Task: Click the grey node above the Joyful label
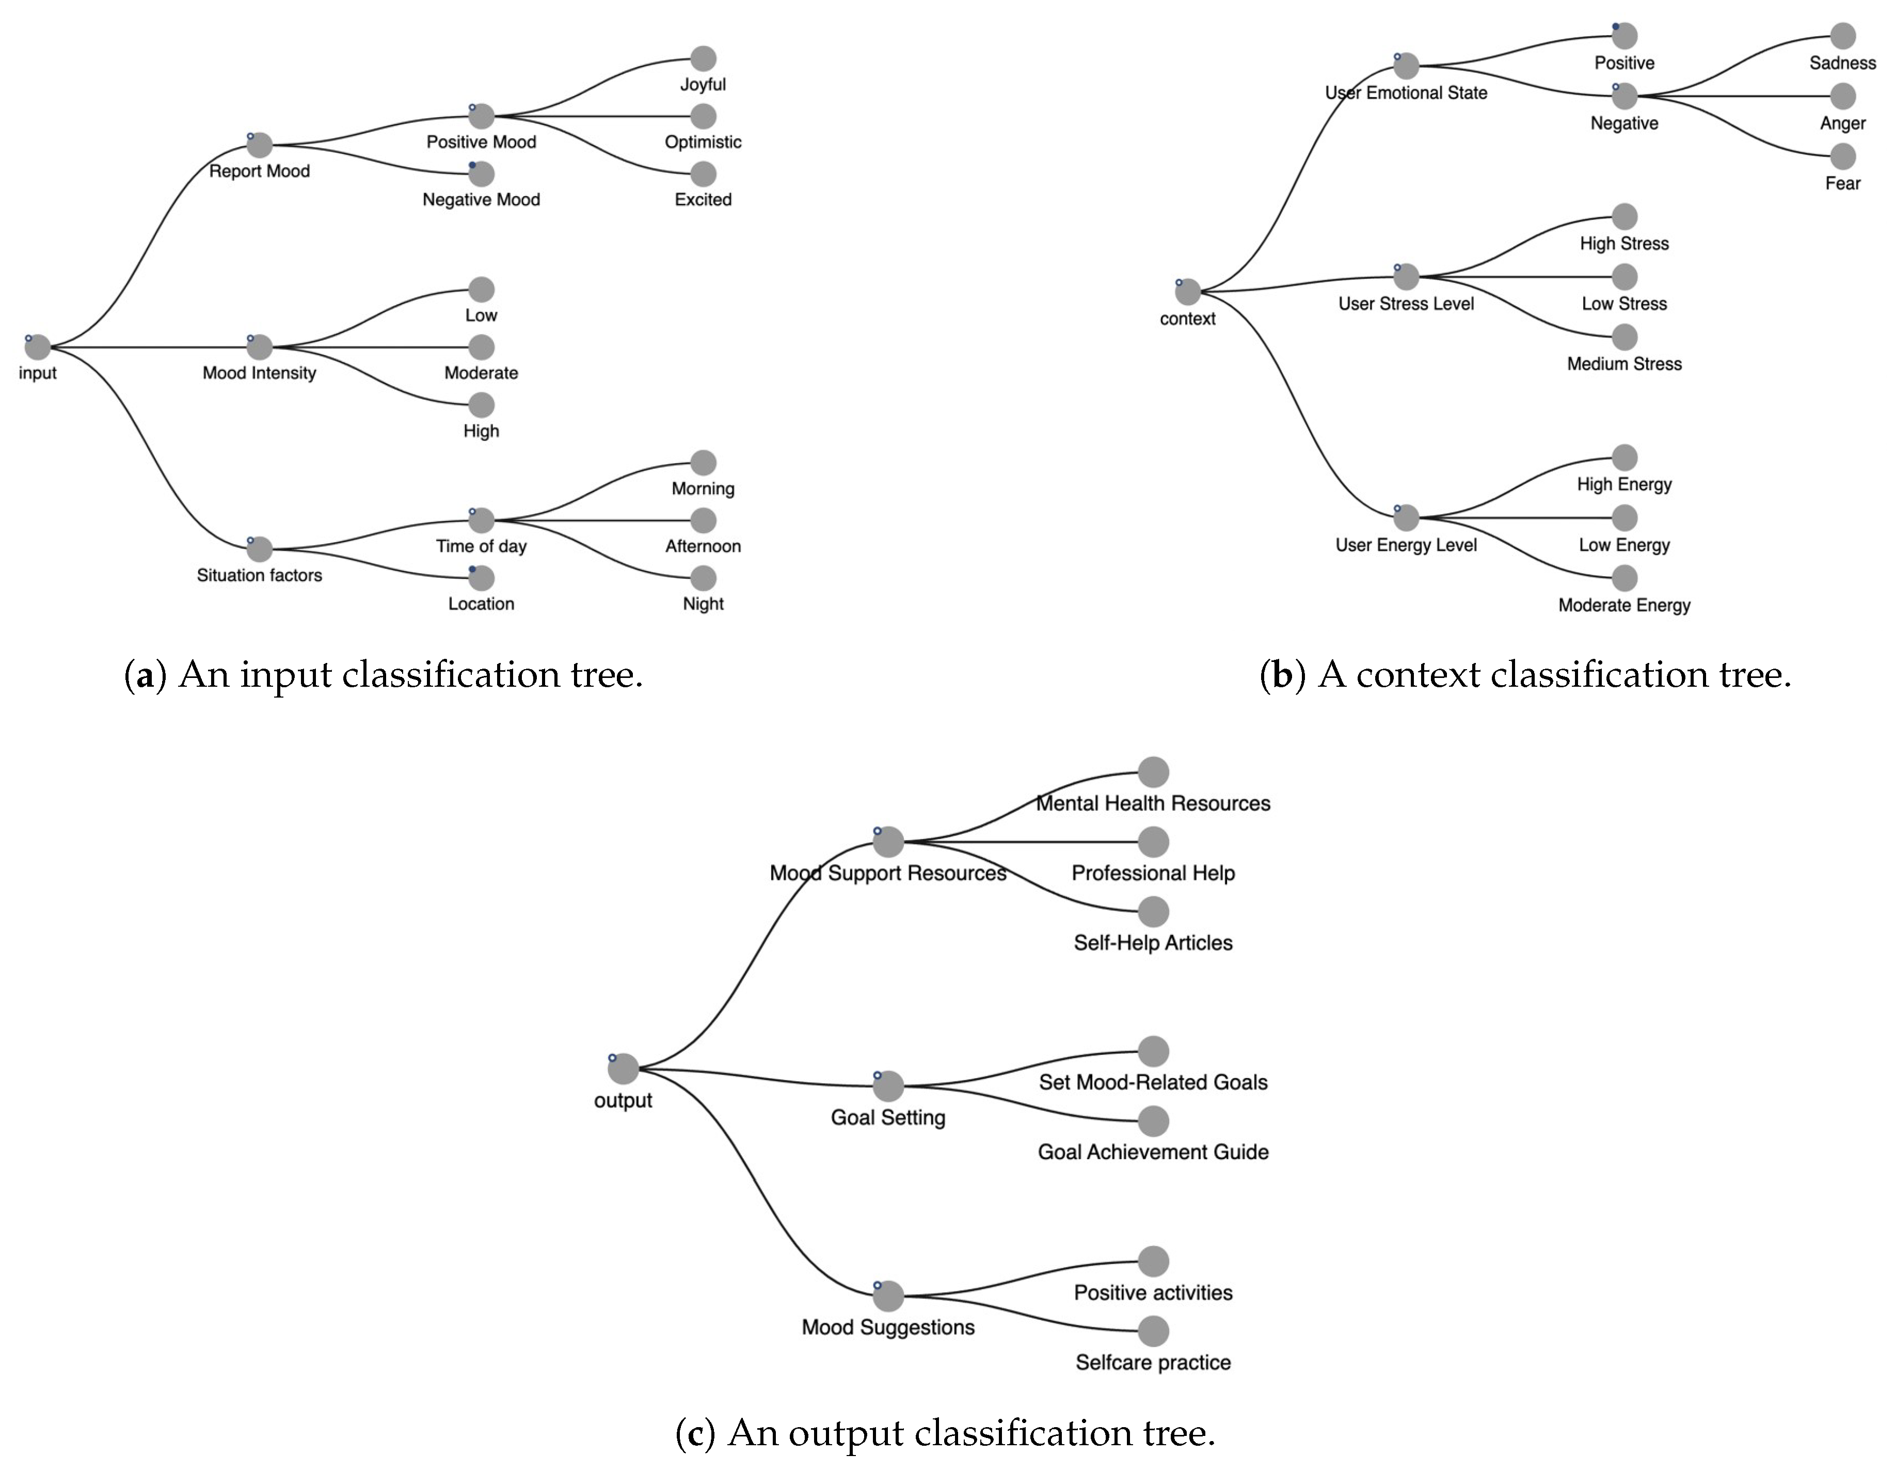(703, 59)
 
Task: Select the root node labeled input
(37, 347)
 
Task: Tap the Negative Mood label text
(481, 200)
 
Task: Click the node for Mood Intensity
(260, 347)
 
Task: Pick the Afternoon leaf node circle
(703, 520)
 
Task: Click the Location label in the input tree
(481, 604)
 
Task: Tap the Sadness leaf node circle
(1842, 36)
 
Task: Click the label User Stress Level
(1406, 304)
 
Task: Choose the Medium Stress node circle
(1625, 337)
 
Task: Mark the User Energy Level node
(1406, 518)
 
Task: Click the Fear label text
(1842, 183)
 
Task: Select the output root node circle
(623, 1069)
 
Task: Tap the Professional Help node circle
(1153, 842)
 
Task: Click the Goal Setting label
(888, 1118)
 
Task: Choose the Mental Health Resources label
(1153, 803)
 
